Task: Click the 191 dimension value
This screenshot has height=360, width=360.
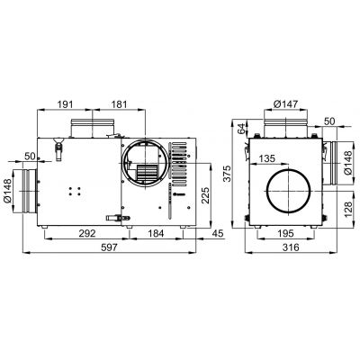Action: click(x=66, y=104)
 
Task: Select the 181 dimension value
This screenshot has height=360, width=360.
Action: click(x=120, y=104)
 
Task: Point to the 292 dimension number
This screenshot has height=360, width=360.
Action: click(x=87, y=233)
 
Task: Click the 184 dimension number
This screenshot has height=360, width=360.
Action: click(x=157, y=233)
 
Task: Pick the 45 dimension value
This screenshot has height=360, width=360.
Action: click(x=218, y=233)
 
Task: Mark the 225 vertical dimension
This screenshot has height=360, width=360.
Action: click(x=205, y=195)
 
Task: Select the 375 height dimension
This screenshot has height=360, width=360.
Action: click(x=228, y=173)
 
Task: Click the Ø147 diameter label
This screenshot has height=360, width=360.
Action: click(x=286, y=104)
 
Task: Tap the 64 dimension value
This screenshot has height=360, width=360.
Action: click(x=241, y=129)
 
